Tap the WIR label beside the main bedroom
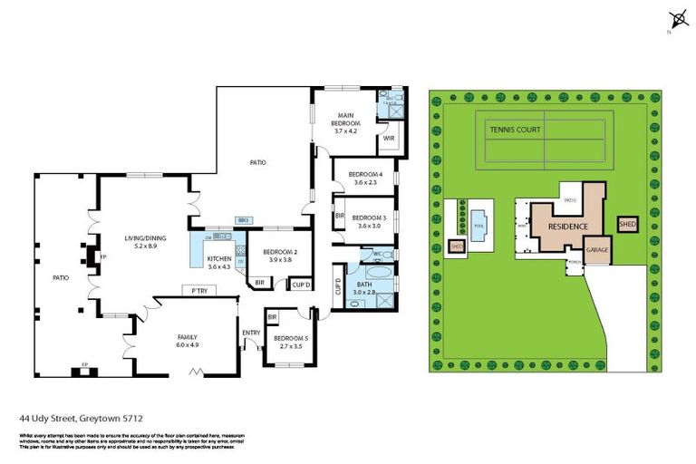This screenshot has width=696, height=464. coord(389,139)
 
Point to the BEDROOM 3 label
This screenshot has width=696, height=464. coord(369,217)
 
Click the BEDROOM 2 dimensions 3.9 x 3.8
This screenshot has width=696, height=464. coord(273,260)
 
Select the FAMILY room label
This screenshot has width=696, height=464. coord(188,336)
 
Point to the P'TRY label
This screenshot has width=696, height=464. coord(198,290)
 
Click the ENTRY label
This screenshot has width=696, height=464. coord(250,333)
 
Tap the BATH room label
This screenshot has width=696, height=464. coord(364,284)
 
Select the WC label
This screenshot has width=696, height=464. coord(377,254)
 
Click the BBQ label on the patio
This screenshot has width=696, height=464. coord(243,220)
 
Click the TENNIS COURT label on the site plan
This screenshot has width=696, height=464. coord(516,130)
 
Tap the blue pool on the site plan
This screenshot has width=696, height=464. coord(478,217)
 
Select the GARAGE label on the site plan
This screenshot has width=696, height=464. coord(596,248)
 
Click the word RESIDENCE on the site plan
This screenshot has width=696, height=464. coord(567,227)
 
